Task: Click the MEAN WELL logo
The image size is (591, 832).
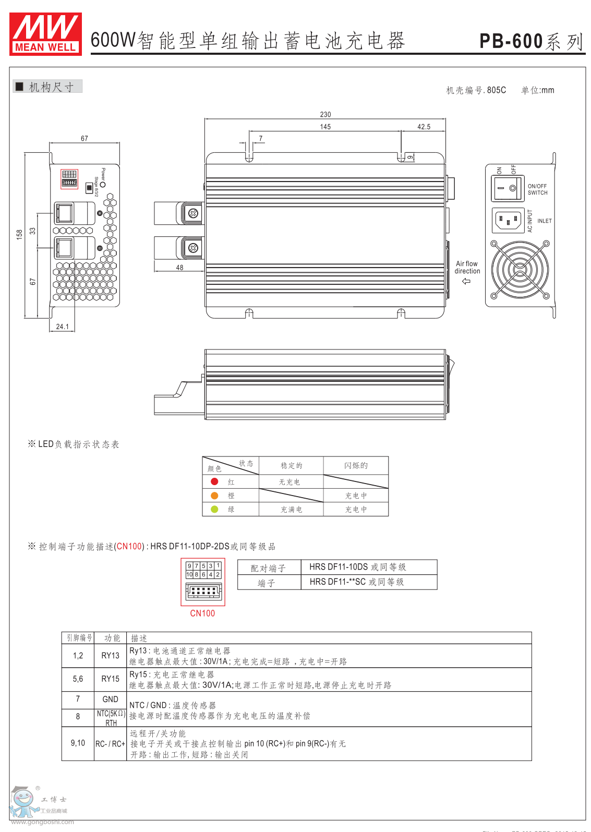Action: (x=45, y=34)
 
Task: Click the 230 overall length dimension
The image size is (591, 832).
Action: (x=325, y=115)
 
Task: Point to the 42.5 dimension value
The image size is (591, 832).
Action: (x=424, y=127)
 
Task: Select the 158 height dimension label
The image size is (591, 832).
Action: (x=20, y=234)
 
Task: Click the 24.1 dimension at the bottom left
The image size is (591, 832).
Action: (x=63, y=327)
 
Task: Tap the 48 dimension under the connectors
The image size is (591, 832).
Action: (x=179, y=268)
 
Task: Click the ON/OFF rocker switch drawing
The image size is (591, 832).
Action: (x=507, y=188)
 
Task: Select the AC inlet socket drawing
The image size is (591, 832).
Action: (x=508, y=220)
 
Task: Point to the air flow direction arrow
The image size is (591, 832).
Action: (x=466, y=281)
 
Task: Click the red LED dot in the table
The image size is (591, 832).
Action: (x=214, y=481)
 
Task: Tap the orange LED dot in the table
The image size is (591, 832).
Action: (x=214, y=496)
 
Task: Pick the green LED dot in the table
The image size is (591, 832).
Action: (x=214, y=509)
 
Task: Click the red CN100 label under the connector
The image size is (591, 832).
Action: (x=202, y=613)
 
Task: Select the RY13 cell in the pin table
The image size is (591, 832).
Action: (x=110, y=656)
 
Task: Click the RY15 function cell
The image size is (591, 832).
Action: (x=110, y=679)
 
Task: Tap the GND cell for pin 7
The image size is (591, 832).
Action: (x=110, y=700)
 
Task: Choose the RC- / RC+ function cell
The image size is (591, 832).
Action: (x=110, y=744)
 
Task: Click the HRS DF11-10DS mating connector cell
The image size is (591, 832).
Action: (x=357, y=567)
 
